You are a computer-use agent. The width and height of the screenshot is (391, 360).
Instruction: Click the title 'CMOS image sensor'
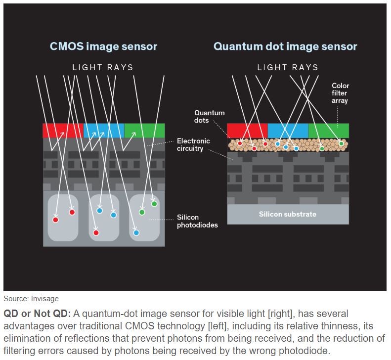[103, 46]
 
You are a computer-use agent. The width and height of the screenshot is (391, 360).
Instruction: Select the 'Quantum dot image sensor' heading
[285, 46]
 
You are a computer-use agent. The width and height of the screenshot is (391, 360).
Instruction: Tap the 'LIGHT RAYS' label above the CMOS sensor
[103, 67]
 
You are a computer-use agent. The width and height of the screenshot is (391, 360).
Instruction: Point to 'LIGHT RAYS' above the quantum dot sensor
[288, 67]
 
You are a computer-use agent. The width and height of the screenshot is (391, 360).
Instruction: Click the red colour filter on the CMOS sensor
[63, 131]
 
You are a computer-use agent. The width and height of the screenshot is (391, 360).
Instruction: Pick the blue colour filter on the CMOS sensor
[104, 131]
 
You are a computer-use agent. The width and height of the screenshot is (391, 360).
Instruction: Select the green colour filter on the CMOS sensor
[144, 131]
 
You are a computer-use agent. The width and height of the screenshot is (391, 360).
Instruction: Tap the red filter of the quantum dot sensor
[247, 131]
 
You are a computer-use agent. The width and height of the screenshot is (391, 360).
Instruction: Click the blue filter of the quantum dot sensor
[288, 131]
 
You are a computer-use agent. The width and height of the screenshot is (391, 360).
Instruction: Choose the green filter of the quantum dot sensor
[329, 131]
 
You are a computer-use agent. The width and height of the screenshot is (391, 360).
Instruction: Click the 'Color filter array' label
[340, 93]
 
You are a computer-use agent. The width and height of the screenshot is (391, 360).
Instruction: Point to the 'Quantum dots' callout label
[209, 116]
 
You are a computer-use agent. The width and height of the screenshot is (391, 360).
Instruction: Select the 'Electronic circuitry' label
[193, 144]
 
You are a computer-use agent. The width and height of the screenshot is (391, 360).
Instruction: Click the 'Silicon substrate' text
[288, 214]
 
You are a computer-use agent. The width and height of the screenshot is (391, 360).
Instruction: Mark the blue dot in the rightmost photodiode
[136, 232]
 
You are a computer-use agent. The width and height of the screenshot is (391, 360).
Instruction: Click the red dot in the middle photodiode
[96, 232]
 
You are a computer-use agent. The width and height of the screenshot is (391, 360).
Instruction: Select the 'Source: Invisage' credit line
[31, 299]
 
